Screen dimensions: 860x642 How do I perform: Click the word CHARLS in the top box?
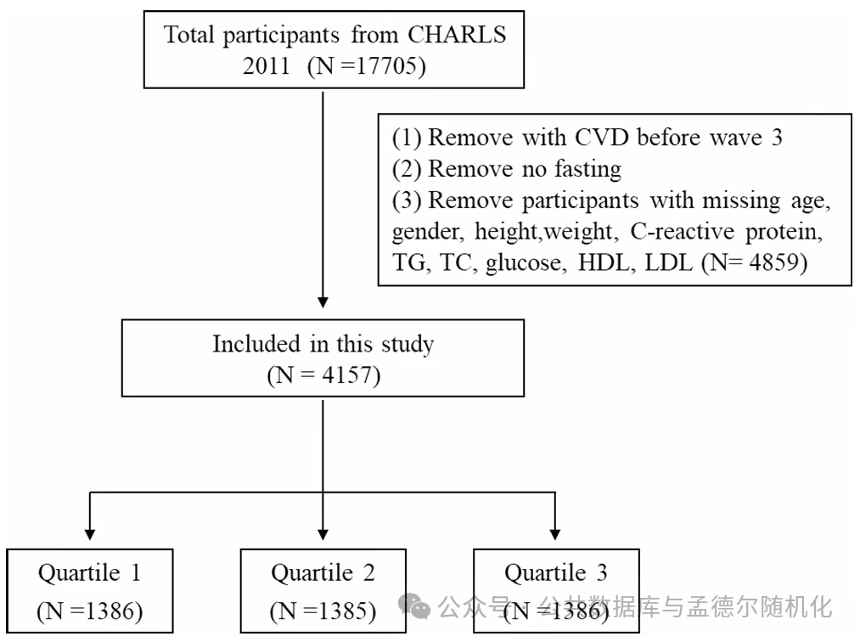457,35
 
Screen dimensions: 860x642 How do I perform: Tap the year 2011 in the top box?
266,66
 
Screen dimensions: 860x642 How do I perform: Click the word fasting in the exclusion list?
587,168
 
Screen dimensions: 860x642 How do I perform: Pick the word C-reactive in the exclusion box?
682,231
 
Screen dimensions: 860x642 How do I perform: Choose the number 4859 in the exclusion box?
774,262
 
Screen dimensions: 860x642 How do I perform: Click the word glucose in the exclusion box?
525,263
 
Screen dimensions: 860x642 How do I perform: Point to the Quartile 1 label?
89,573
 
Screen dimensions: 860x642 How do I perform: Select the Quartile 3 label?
555,573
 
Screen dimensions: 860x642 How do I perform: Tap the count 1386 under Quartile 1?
105,611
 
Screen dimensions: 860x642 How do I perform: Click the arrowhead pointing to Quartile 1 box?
90,534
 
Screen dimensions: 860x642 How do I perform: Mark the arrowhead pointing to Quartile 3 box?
555,534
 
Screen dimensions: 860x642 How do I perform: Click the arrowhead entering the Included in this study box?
323,302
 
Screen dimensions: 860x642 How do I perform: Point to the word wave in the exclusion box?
735,138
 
